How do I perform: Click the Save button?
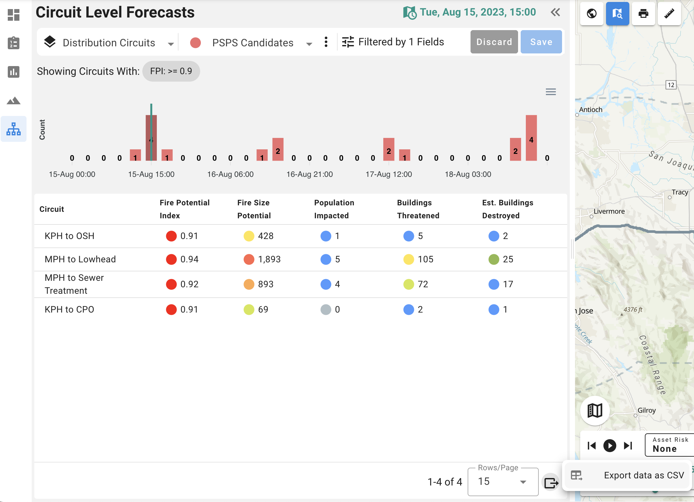tap(541, 42)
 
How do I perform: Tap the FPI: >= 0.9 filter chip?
tap(171, 71)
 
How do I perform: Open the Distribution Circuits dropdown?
tap(109, 42)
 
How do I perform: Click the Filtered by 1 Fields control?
tap(393, 42)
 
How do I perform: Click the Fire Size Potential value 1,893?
tap(269, 259)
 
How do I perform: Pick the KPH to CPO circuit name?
tap(70, 309)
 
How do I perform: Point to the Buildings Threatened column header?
tap(418, 209)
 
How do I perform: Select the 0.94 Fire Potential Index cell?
tap(190, 259)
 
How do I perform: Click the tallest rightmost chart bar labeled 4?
tap(531, 138)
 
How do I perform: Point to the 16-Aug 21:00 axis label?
tap(309, 174)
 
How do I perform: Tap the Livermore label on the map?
tap(609, 211)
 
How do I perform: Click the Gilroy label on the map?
tap(646, 410)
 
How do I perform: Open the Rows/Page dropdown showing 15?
tap(503, 482)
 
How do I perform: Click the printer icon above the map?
tap(643, 14)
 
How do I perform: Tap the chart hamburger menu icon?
tap(551, 92)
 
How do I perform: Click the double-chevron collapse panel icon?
tap(555, 12)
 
